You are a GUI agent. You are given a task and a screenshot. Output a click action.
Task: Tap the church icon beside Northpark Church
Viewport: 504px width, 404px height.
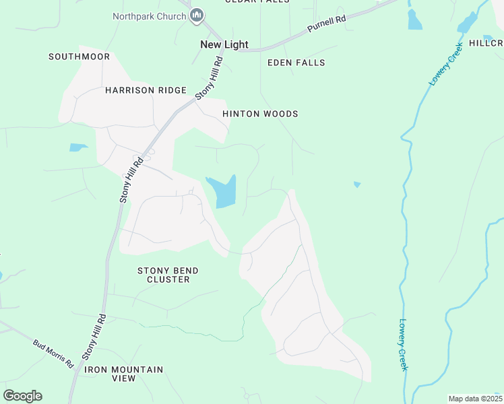(197, 15)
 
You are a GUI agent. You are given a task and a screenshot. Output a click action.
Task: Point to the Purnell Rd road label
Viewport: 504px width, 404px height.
(326, 24)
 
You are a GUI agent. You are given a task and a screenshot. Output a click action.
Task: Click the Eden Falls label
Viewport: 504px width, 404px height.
(296, 63)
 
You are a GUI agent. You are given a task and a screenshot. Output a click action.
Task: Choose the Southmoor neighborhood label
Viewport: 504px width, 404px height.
(79, 57)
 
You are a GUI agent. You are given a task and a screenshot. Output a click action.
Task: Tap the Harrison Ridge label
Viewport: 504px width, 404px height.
(145, 90)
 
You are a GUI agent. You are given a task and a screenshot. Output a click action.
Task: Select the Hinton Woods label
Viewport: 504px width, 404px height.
(260, 114)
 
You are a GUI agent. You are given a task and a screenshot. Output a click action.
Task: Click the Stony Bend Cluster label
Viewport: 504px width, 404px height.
(168, 275)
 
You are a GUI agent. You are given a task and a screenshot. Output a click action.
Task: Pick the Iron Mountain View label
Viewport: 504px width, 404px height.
(123, 374)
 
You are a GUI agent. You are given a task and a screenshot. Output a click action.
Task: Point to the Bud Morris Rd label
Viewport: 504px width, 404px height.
(53, 353)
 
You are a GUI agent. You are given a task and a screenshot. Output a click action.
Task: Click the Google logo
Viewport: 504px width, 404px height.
(22, 396)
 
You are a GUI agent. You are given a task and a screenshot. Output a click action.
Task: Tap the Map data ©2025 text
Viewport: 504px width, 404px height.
(475, 399)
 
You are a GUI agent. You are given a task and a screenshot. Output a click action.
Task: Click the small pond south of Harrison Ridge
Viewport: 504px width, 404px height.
(77, 147)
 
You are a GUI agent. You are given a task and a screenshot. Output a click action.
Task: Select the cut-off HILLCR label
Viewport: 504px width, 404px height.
(486, 43)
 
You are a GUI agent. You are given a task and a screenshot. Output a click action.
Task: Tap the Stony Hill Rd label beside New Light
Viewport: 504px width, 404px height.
(209, 79)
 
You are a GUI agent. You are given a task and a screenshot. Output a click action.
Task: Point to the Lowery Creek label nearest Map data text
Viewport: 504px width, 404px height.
(408, 344)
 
